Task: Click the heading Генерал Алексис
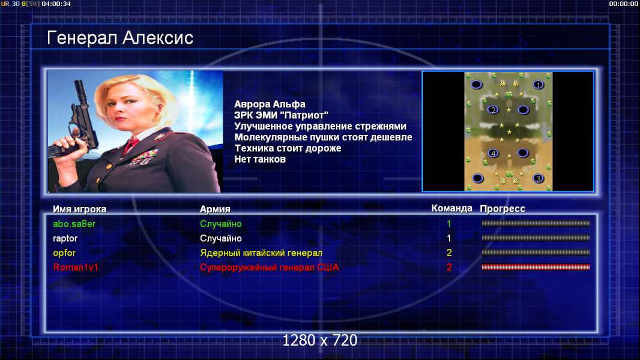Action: tap(120, 38)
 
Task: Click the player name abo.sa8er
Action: tap(74, 224)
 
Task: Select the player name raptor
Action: tap(65, 239)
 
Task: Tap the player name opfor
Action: tap(64, 253)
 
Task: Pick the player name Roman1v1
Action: tap(76, 268)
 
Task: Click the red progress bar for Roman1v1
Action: tap(536, 268)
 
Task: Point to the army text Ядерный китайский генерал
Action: tap(261, 253)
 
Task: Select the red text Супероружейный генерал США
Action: tap(270, 268)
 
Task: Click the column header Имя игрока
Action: tap(80, 209)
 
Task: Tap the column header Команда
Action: tap(452, 208)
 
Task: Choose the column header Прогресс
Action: tap(503, 209)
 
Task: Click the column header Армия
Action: tap(215, 209)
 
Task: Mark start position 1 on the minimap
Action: tap(539, 85)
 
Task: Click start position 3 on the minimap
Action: tap(539, 178)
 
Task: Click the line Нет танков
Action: tap(260, 160)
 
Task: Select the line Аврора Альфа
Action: tap(270, 104)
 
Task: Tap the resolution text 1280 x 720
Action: tap(320, 340)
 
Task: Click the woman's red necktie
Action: tap(131, 145)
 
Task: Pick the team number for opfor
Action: tap(449, 253)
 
